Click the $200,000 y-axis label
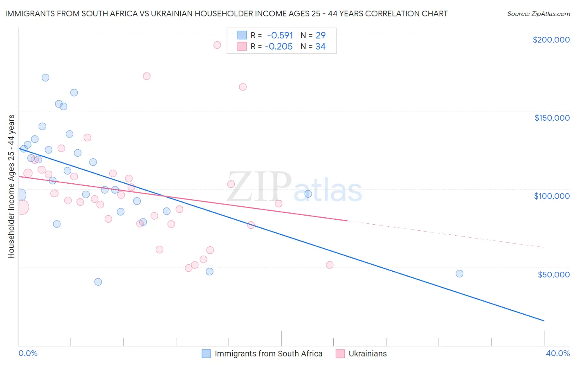551,40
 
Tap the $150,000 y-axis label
552,118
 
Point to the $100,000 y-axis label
552,196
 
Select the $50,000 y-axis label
553,275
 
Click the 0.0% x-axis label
28,353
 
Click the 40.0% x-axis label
557,353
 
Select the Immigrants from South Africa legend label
268,354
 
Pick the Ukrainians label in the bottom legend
367,354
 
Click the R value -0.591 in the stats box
280,35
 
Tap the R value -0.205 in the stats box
279,47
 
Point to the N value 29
320,35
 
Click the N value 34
320,47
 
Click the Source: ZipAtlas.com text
538,14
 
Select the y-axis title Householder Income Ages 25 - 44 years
11,186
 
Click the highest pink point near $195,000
217,45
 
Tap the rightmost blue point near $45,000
459,274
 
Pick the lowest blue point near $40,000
98,282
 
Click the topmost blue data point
45,78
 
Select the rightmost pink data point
330,265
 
